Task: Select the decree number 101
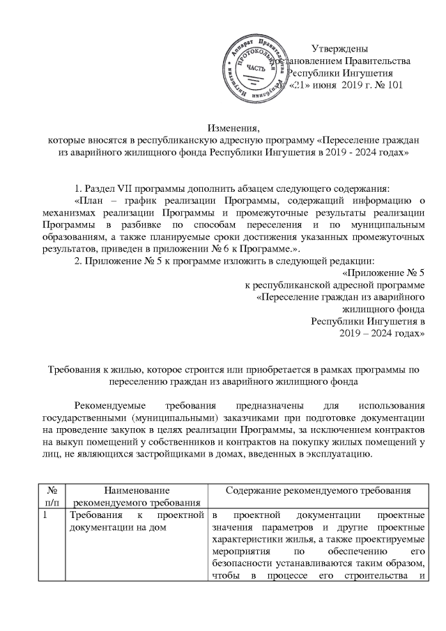[x=394, y=85]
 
